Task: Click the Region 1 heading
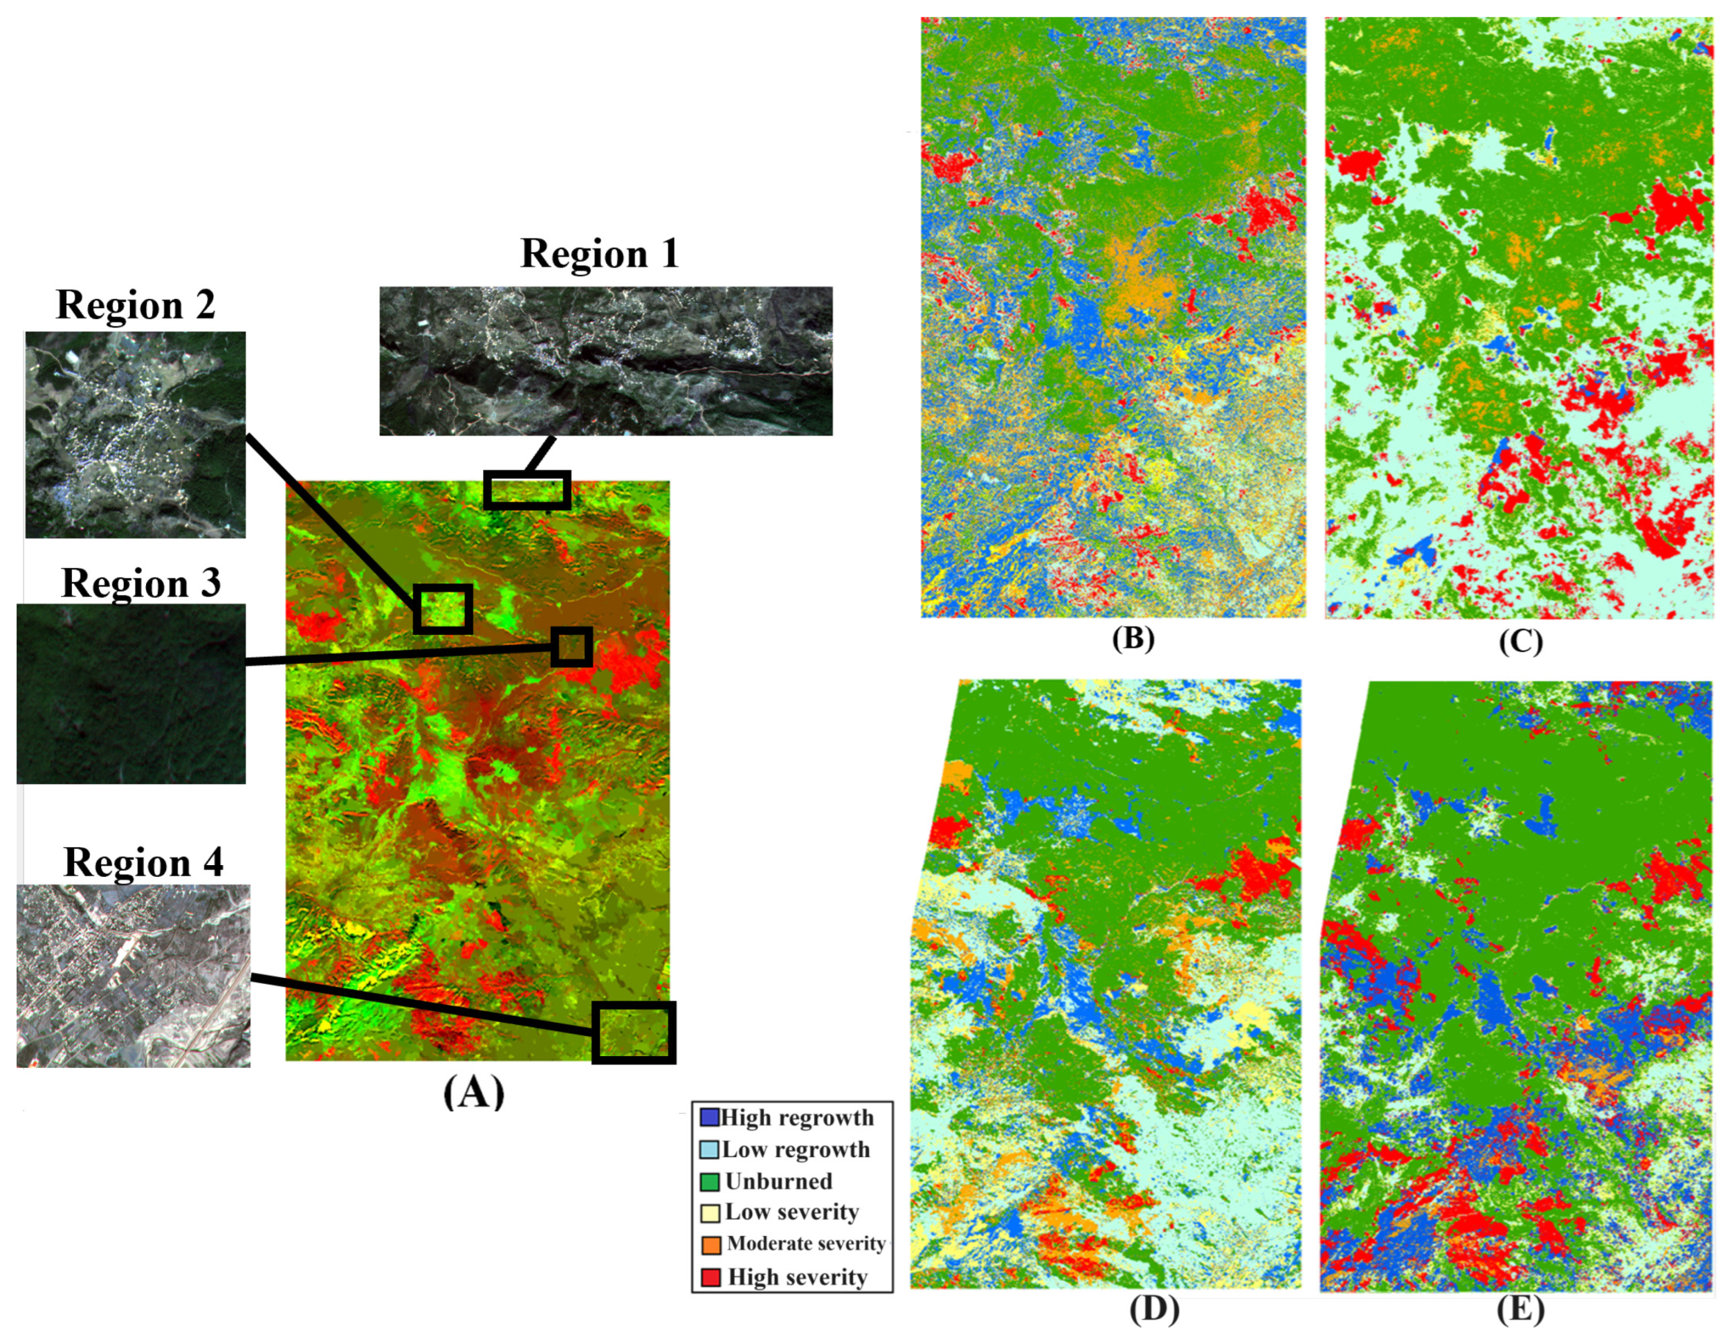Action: [599, 254]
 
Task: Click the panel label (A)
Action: [473, 1092]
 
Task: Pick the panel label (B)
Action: [1133, 638]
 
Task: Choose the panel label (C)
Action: [1521, 641]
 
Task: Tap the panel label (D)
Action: [1154, 1310]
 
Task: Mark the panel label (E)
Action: [1521, 1310]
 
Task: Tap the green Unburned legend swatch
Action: [709, 1182]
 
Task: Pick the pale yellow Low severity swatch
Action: [709, 1213]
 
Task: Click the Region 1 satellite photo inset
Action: [605, 361]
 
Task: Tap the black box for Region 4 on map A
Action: [634, 1032]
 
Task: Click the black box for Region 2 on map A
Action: [443, 609]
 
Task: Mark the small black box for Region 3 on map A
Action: [571, 647]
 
